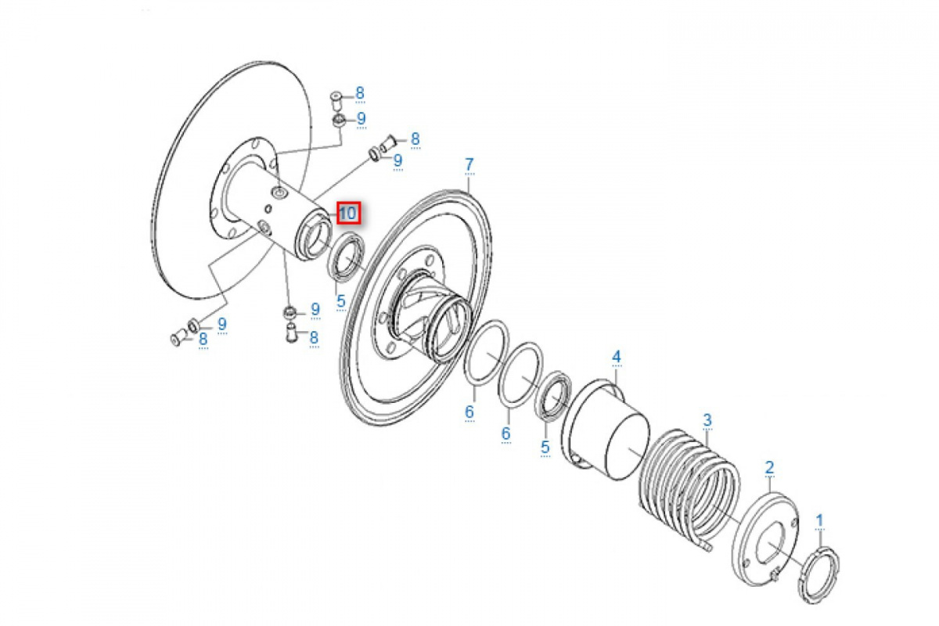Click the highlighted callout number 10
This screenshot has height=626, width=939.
tap(349, 214)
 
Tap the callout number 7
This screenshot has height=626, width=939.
tap(469, 164)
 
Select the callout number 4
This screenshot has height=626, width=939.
tap(617, 357)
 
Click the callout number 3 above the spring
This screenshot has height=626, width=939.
tap(707, 419)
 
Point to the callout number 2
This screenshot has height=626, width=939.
tap(769, 467)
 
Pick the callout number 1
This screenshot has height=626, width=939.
tap(819, 521)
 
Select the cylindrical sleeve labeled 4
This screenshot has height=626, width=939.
tap(608, 430)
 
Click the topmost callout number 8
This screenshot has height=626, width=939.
tap(360, 93)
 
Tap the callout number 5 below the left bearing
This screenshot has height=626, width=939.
tap(341, 301)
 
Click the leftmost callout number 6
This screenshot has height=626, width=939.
tap(469, 412)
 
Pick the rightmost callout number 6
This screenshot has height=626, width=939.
tap(506, 434)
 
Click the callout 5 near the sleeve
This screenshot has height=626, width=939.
tap(545, 447)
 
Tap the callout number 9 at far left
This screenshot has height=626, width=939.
tap(222, 324)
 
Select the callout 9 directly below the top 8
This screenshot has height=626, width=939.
tap(362, 119)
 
